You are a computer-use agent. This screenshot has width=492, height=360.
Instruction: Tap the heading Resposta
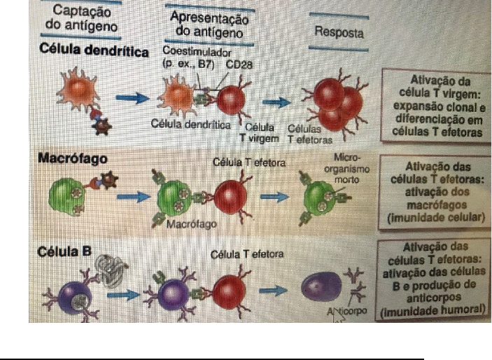pyautogui.click(x=338, y=32)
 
